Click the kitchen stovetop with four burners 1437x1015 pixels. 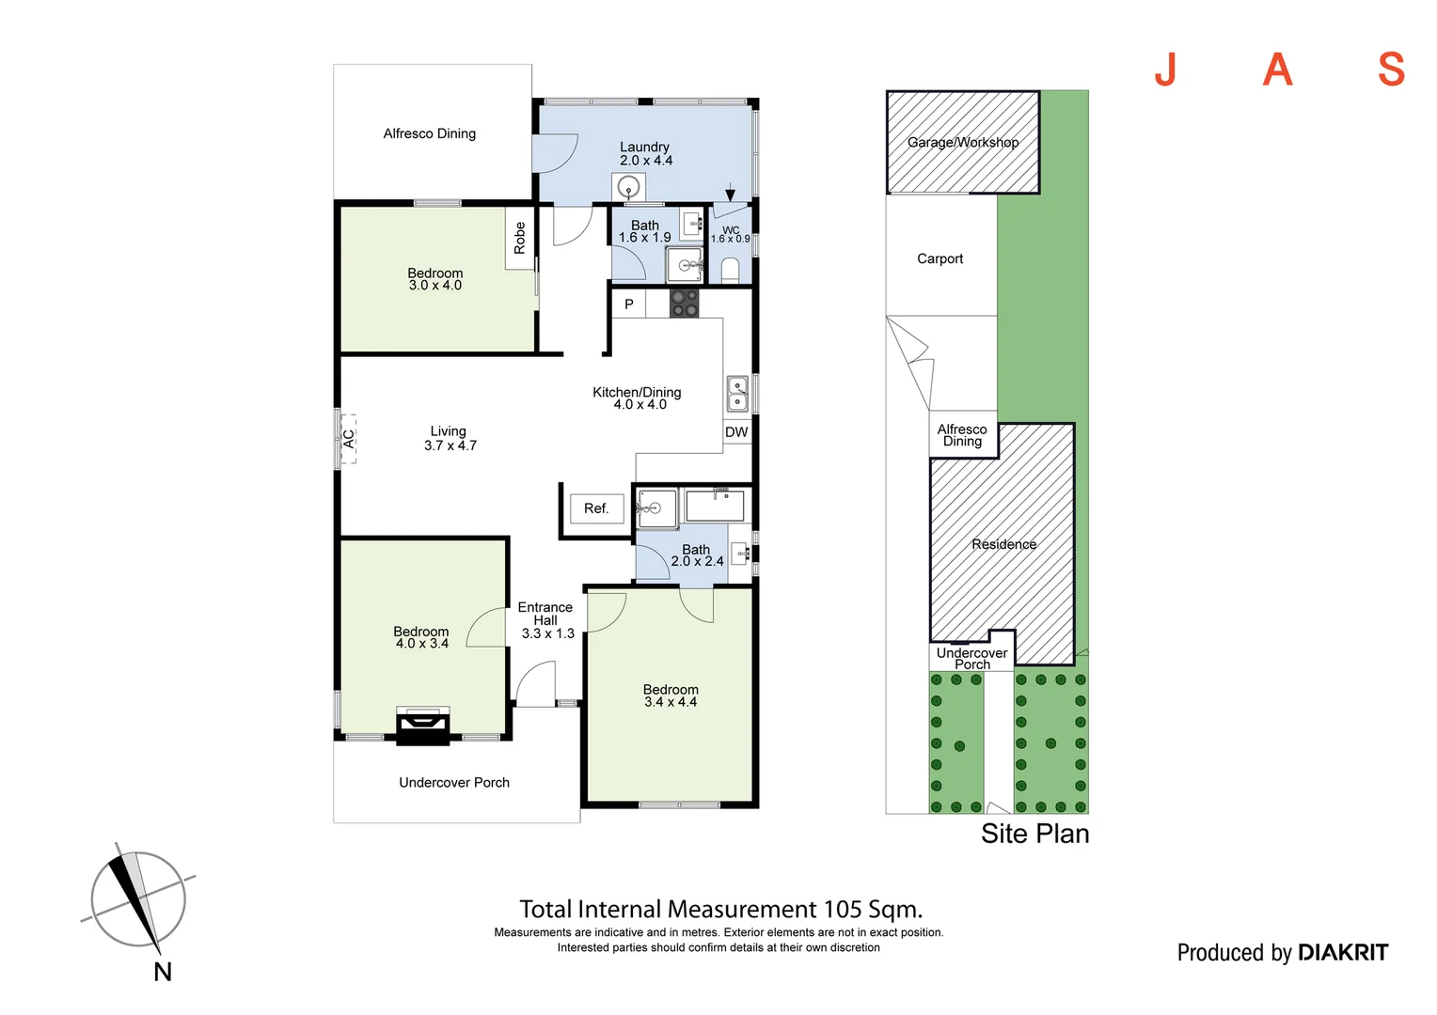click(684, 304)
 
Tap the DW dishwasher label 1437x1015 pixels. click(735, 432)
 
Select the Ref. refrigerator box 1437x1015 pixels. click(596, 509)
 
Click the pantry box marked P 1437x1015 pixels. click(628, 304)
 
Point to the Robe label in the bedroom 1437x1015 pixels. click(520, 238)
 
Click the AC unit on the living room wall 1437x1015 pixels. click(348, 439)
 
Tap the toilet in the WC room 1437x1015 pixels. click(730, 271)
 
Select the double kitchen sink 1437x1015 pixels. click(737, 394)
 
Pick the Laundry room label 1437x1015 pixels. click(644, 147)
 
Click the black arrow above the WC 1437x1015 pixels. click(730, 193)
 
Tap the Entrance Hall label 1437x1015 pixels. click(545, 614)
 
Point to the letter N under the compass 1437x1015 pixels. click(163, 972)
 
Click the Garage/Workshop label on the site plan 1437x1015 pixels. click(962, 142)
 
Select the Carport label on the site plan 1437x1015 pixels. click(940, 259)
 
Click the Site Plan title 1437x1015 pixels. click(1034, 834)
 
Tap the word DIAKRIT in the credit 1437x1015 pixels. click(1343, 953)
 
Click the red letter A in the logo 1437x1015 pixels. click(1277, 70)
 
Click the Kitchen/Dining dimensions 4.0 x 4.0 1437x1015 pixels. click(640, 404)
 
